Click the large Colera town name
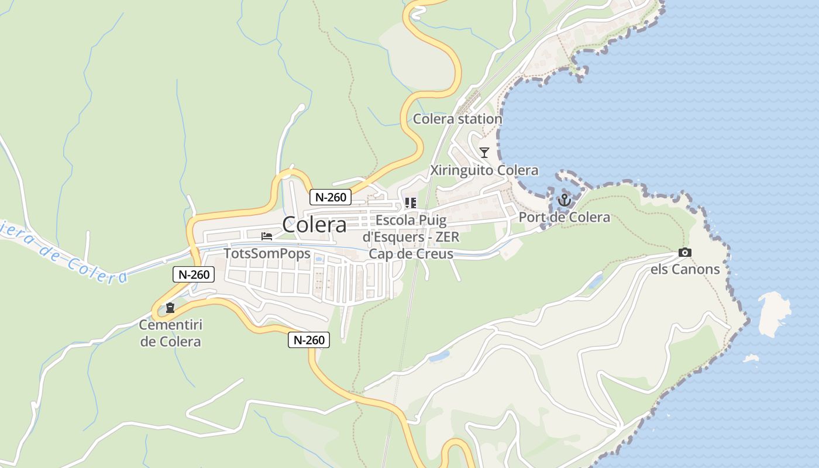click(x=314, y=225)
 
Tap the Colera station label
click(x=457, y=119)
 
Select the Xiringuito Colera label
click(x=484, y=170)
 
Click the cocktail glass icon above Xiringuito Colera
click(x=484, y=153)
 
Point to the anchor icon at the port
click(x=565, y=201)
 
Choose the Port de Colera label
click(x=565, y=218)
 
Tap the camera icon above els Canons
click(x=684, y=253)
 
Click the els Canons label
click(x=685, y=269)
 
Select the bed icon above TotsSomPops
click(x=267, y=236)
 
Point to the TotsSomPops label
click(x=267, y=254)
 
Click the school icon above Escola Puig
click(x=411, y=203)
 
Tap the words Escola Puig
click(x=411, y=221)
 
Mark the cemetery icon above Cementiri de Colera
click(x=170, y=307)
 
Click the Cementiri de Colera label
click(x=171, y=333)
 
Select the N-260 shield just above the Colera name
click(x=331, y=197)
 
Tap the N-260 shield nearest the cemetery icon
click(x=194, y=274)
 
